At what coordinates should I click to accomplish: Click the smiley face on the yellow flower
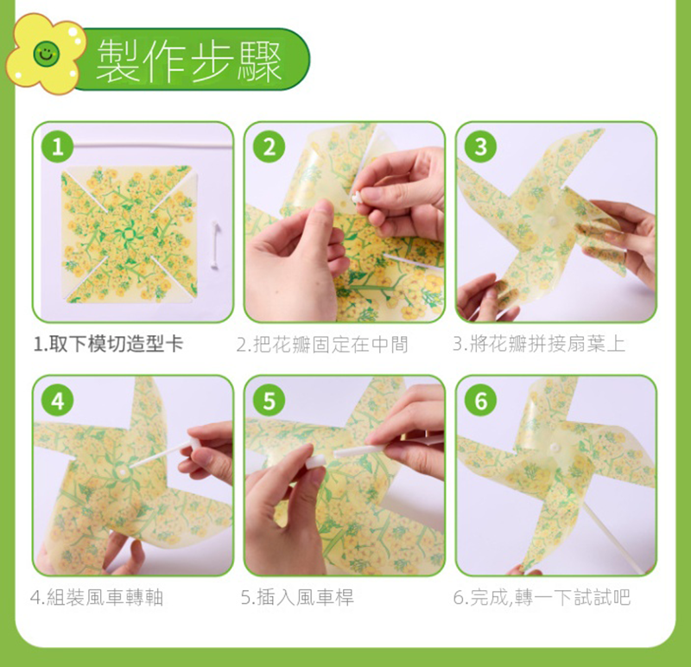(x=46, y=54)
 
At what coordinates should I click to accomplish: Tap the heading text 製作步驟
(x=188, y=60)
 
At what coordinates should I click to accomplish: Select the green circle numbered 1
(x=57, y=147)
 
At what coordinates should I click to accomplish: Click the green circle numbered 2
(x=269, y=147)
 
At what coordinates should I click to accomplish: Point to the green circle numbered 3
(x=480, y=147)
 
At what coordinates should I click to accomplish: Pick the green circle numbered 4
(x=57, y=401)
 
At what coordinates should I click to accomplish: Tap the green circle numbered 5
(x=269, y=401)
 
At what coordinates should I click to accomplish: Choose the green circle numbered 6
(x=480, y=401)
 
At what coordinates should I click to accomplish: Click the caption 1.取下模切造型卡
(x=109, y=344)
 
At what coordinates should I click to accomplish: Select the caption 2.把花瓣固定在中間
(x=322, y=345)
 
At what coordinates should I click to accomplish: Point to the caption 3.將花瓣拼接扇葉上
(x=539, y=344)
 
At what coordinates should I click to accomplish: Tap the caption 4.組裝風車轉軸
(x=97, y=598)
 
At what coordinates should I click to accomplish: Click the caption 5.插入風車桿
(x=297, y=598)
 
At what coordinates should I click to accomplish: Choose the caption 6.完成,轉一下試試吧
(x=542, y=598)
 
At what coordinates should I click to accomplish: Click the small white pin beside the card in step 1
(x=215, y=245)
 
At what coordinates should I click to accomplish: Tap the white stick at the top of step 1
(x=152, y=144)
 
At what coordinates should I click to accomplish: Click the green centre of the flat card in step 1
(x=128, y=232)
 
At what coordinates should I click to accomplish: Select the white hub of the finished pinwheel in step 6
(x=555, y=448)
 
